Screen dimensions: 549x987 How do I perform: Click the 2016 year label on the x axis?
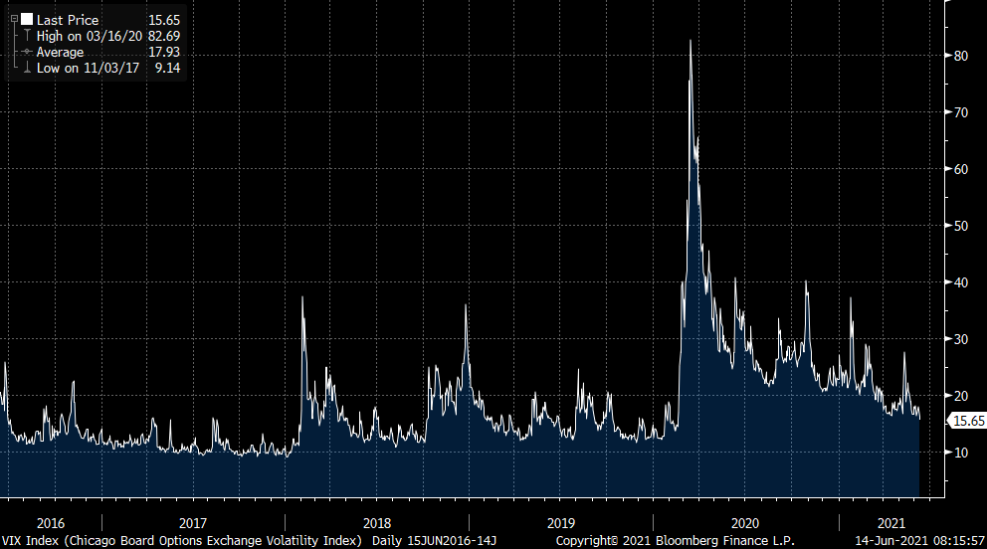pos(50,522)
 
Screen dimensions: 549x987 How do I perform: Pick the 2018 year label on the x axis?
pos(377,522)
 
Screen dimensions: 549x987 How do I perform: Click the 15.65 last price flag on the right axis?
pos(967,421)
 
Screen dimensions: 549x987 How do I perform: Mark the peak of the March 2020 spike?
pos(691,41)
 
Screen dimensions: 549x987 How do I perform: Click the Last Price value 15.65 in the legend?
pos(162,20)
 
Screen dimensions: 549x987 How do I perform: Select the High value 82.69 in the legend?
pos(162,36)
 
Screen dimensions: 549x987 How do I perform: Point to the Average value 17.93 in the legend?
pos(162,52)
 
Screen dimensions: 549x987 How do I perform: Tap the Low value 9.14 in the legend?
pos(166,68)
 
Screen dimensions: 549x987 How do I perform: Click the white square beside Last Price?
pos(27,20)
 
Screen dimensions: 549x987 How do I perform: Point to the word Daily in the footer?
pos(387,541)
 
